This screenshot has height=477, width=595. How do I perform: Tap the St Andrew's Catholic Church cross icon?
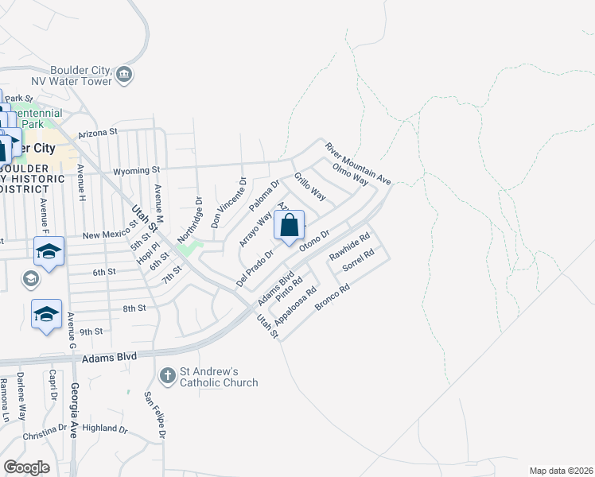[x=167, y=374]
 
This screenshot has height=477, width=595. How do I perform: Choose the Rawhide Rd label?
[x=349, y=247]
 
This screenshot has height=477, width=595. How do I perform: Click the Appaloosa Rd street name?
[x=295, y=304]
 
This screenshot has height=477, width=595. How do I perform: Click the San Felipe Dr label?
[x=155, y=414]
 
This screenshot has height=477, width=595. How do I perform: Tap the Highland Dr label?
[x=104, y=428]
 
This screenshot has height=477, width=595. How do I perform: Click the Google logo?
[x=26, y=467]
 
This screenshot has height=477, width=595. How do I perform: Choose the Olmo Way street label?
[x=350, y=176]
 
